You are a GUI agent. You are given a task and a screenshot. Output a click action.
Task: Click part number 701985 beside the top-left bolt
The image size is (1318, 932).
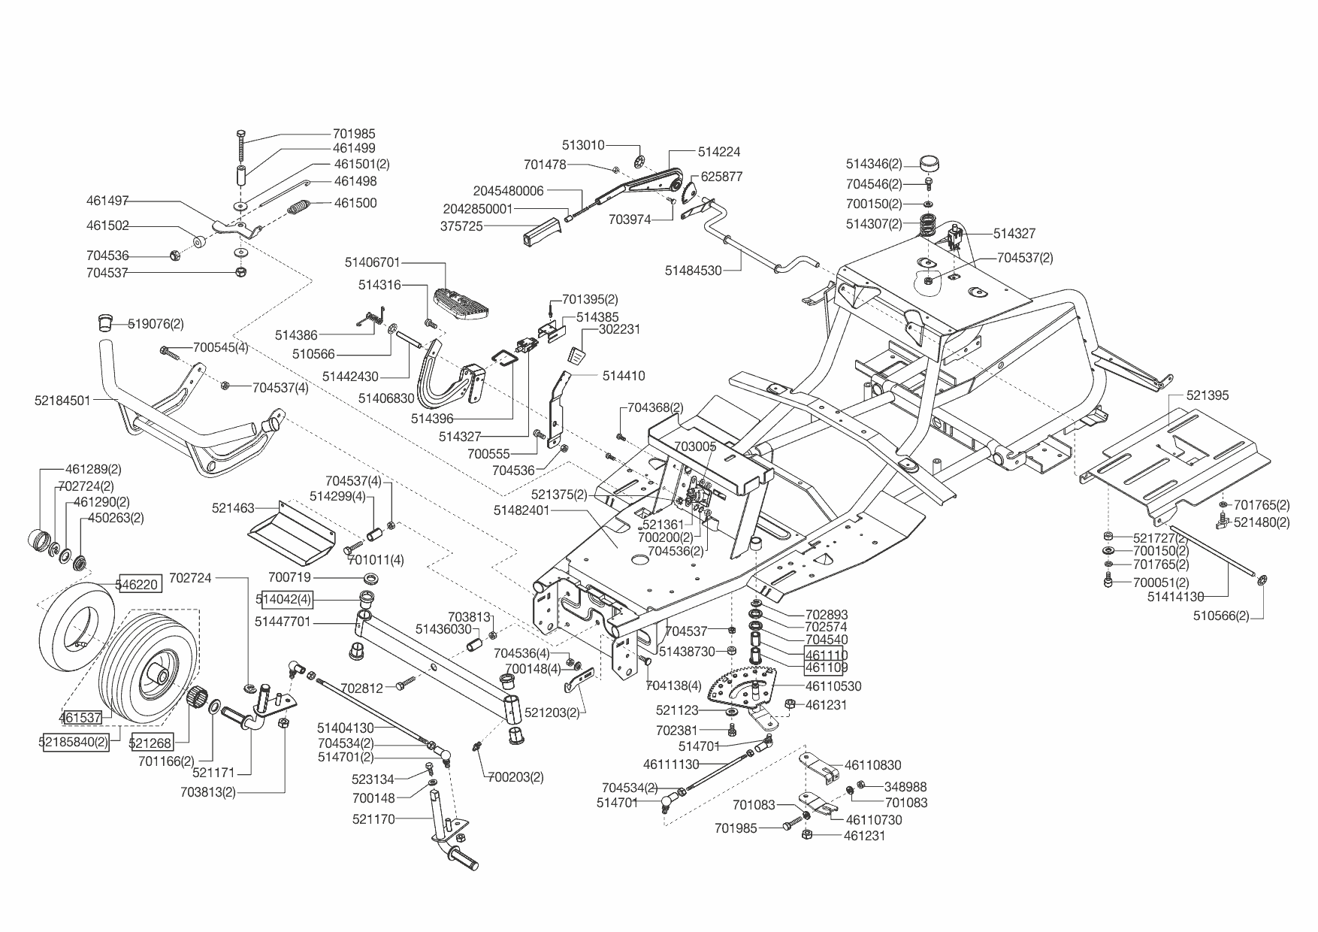(x=354, y=135)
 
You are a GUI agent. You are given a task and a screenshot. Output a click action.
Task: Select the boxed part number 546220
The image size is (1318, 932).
(x=138, y=583)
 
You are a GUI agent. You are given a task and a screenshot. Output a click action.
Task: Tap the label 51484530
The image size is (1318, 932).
(x=693, y=271)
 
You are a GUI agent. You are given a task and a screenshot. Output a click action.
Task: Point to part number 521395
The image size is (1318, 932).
(x=1208, y=395)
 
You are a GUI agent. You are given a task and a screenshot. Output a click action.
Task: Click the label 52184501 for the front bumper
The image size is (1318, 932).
(x=62, y=401)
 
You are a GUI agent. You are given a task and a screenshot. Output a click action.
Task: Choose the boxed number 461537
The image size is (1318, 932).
(x=80, y=718)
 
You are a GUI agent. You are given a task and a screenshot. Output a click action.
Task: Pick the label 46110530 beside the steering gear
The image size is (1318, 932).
(x=833, y=686)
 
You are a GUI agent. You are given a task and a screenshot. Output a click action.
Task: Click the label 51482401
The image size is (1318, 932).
(x=522, y=510)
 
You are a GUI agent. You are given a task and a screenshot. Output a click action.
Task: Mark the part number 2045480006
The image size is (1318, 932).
(x=508, y=191)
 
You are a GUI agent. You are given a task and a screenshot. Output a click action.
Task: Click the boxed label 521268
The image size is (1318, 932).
(x=151, y=743)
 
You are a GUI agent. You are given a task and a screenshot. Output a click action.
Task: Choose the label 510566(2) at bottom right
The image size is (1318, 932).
(x=1223, y=616)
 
